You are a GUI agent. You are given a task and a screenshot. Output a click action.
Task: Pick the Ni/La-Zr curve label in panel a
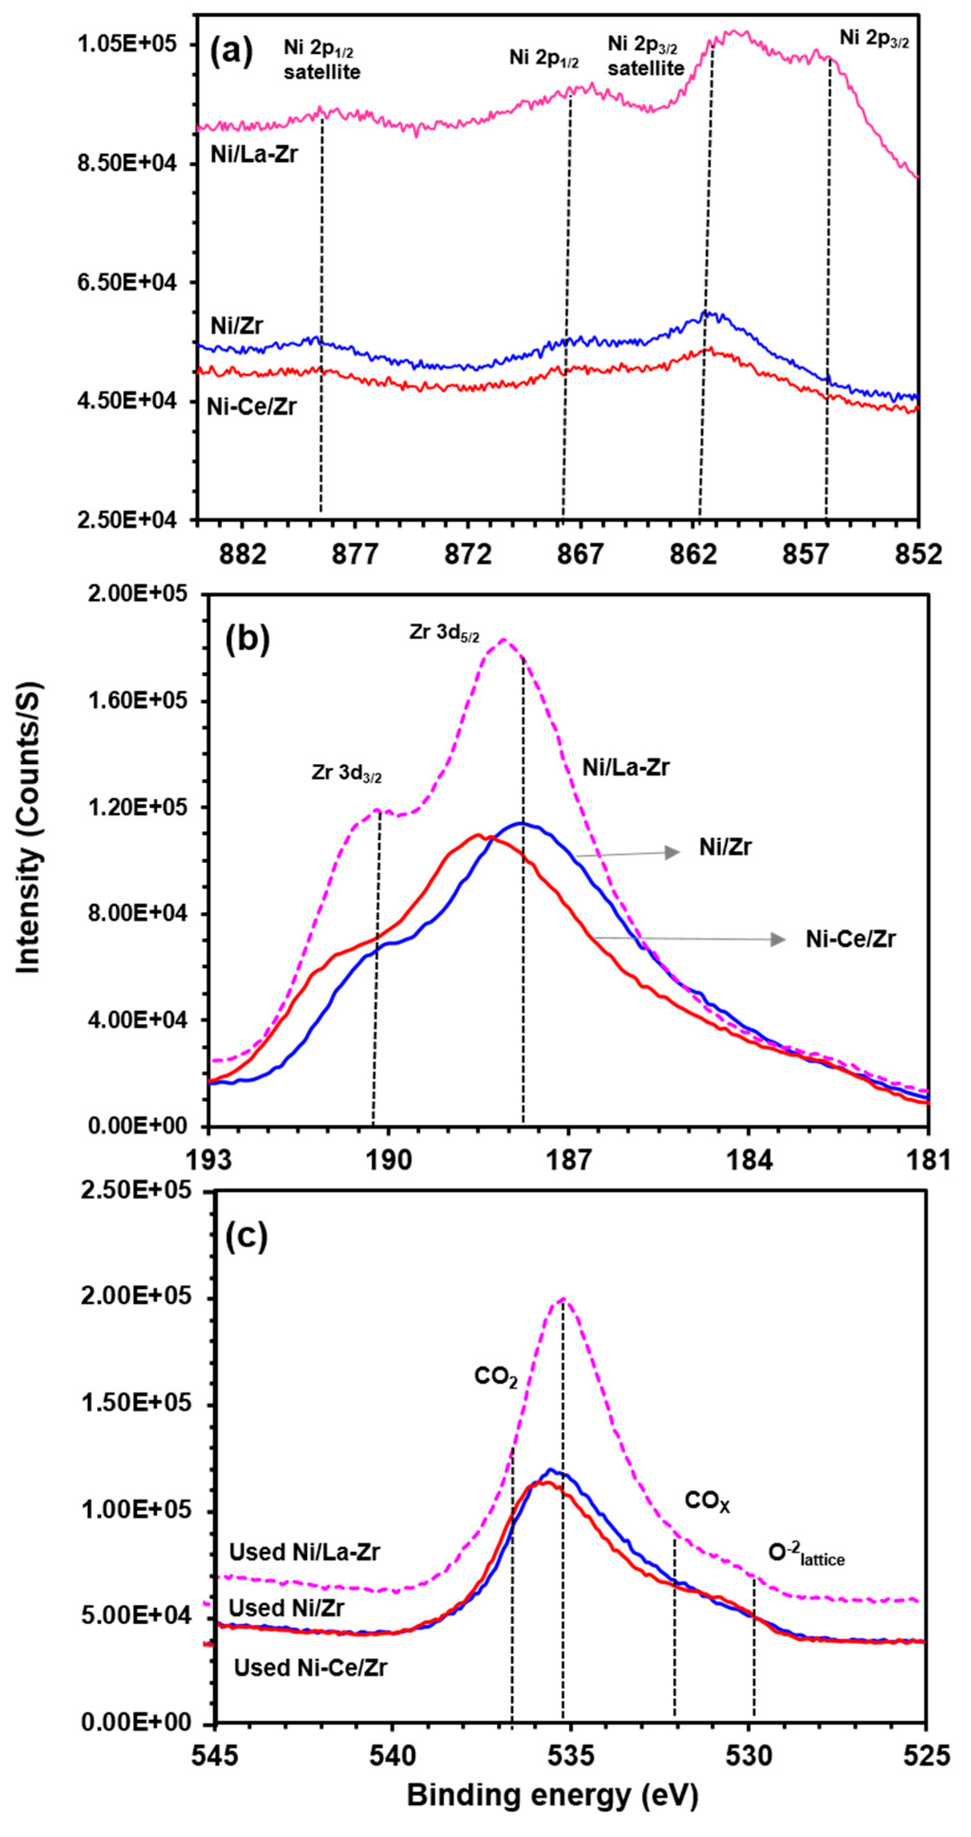tap(254, 154)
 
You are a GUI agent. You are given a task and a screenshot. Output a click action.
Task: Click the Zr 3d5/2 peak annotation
tap(444, 633)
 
